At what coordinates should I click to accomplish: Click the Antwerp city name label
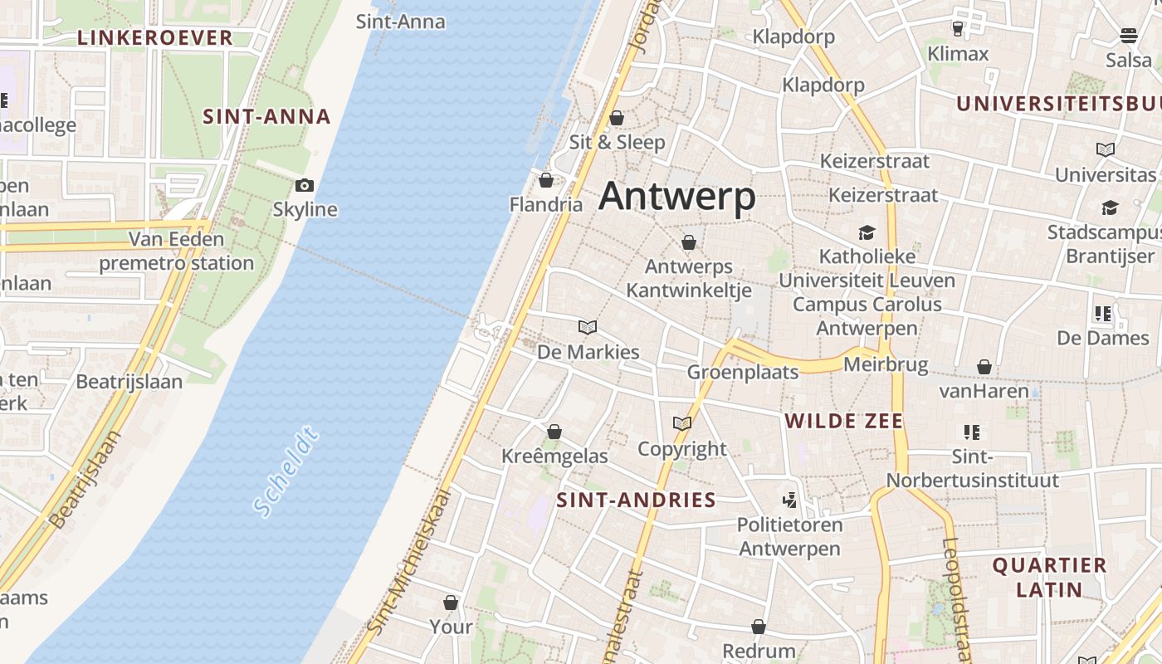tap(676, 197)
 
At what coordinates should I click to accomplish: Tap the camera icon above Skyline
tap(305, 185)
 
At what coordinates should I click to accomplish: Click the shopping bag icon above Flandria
tap(546, 180)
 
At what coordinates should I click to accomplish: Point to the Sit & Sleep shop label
tap(617, 142)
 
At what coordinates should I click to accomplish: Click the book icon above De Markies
tap(588, 328)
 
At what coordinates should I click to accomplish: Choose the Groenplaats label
tap(743, 372)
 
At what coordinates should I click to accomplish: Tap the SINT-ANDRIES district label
tap(636, 500)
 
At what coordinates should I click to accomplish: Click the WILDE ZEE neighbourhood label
tap(844, 421)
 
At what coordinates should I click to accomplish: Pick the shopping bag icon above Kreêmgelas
tap(554, 432)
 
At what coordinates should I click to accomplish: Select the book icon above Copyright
tap(682, 424)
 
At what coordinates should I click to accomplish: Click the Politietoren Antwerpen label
tap(789, 536)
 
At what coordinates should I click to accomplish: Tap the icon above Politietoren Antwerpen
tap(789, 500)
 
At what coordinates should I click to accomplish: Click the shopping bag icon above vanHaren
tap(984, 367)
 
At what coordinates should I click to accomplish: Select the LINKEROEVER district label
tap(155, 37)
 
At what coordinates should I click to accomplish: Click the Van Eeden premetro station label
tap(176, 251)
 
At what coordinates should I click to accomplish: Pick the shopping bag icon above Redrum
tap(759, 627)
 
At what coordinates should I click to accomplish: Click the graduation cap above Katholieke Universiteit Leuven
tap(867, 232)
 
